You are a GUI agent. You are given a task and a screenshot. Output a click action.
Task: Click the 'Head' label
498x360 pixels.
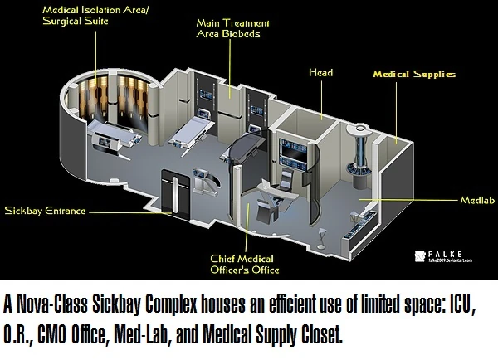[320, 73]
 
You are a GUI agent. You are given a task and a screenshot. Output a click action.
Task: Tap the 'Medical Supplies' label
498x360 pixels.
[414, 75]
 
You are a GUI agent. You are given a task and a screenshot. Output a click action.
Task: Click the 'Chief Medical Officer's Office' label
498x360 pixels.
[244, 263]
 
